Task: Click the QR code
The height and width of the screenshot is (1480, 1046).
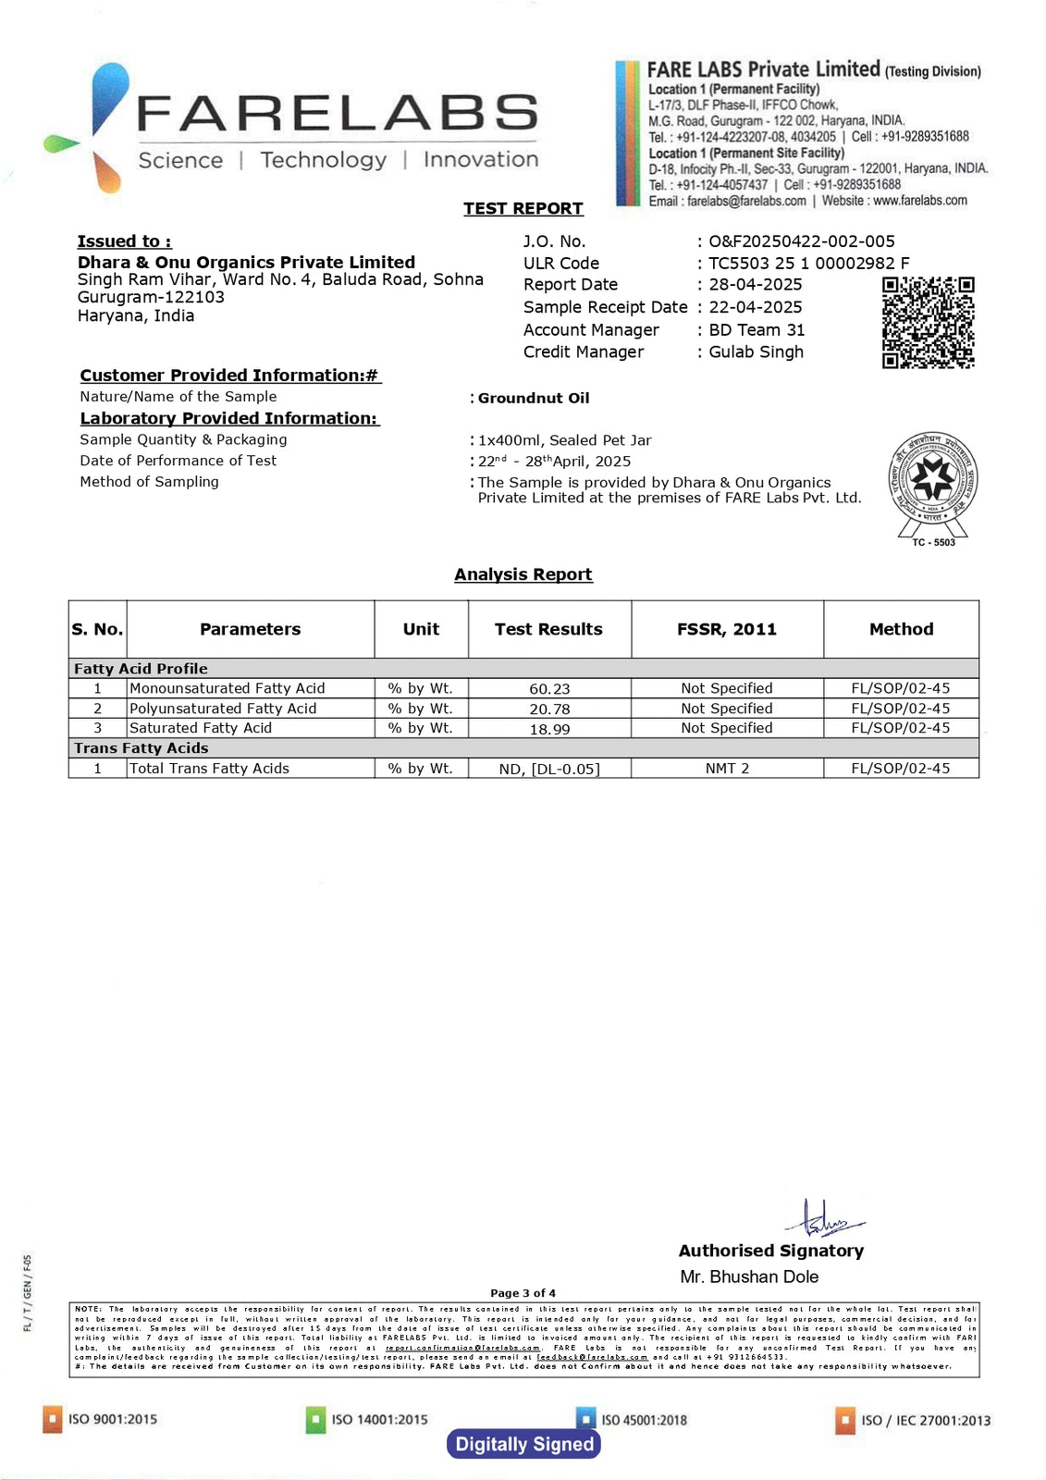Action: point(928,323)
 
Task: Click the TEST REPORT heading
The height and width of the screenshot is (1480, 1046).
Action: point(523,208)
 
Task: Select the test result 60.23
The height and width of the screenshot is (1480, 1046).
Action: point(549,689)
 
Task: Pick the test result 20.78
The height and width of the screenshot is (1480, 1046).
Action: point(549,709)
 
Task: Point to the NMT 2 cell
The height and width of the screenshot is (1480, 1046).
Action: point(727,769)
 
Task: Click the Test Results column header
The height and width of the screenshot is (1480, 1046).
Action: point(548,629)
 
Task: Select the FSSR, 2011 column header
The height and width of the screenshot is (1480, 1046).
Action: point(727,629)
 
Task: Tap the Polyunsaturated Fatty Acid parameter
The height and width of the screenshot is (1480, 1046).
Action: point(223,709)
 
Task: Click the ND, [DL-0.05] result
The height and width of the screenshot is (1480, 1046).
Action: point(549,770)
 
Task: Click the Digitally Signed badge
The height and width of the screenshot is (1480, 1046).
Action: point(524,1444)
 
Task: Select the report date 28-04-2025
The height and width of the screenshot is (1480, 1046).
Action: point(756,285)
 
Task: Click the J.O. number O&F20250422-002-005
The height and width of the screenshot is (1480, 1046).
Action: point(802,241)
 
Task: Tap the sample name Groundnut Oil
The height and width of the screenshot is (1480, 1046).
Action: point(534,398)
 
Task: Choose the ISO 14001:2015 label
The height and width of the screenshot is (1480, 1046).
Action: point(379,1419)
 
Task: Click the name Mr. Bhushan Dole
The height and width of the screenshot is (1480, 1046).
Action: point(749,1276)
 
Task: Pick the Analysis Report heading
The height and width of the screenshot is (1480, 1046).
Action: point(523,574)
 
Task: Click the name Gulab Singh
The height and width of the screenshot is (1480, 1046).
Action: point(756,351)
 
